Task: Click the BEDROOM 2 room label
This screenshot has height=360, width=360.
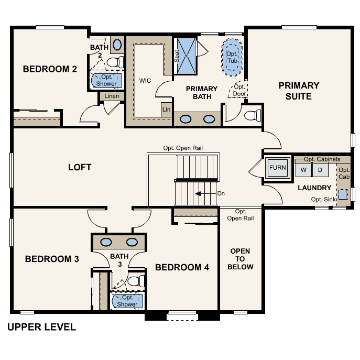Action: (x=50, y=69)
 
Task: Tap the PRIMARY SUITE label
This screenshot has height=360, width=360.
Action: (x=299, y=91)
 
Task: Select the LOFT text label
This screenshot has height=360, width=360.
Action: (x=80, y=167)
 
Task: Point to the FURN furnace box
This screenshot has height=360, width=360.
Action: (x=278, y=168)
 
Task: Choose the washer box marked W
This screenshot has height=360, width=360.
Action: (x=303, y=170)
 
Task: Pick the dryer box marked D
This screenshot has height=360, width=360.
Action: (x=320, y=170)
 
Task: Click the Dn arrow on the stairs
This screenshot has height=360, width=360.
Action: (x=205, y=193)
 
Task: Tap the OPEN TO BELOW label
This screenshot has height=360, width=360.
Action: (x=241, y=259)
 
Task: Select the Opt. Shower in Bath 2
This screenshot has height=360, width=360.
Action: (x=107, y=80)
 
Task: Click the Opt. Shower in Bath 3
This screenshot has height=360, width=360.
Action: (x=127, y=301)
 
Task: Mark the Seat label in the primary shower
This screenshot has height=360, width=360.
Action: (x=177, y=56)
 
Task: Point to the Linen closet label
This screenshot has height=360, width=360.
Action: (x=112, y=96)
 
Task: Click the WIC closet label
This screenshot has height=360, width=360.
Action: (x=145, y=81)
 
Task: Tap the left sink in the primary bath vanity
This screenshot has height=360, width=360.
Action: (x=186, y=119)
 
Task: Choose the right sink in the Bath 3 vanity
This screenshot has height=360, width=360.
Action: (x=132, y=242)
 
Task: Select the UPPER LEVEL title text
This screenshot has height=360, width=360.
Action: (x=41, y=328)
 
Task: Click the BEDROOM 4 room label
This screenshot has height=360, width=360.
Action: (x=182, y=267)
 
